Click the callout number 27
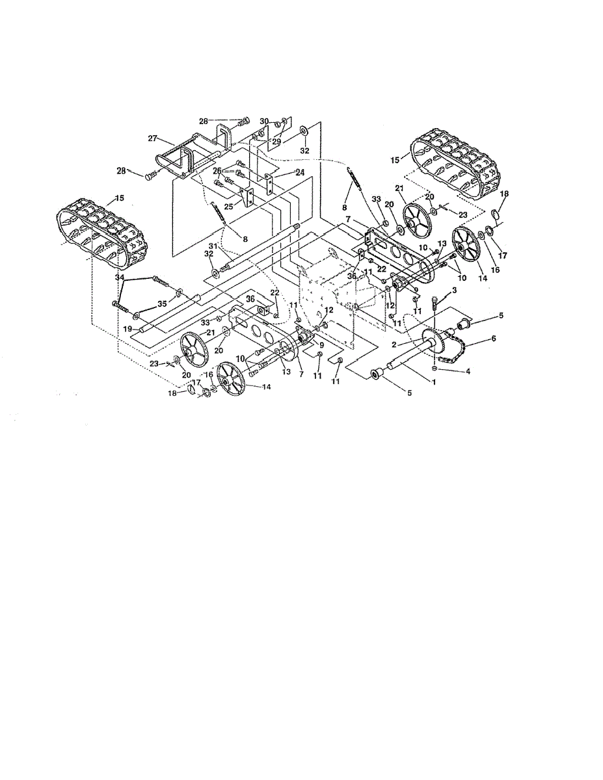(x=153, y=138)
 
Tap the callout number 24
(x=300, y=172)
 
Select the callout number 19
(x=137, y=329)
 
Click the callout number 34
(x=120, y=277)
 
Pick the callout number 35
(x=163, y=304)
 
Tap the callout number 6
(x=494, y=338)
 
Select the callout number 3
(x=454, y=290)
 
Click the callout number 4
(x=468, y=372)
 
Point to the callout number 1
(x=434, y=382)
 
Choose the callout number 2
(x=394, y=344)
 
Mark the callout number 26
(x=217, y=171)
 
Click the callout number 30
(x=264, y=122)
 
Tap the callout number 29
(x=276, y=142)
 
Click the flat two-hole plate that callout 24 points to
(x=269, y=183)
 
